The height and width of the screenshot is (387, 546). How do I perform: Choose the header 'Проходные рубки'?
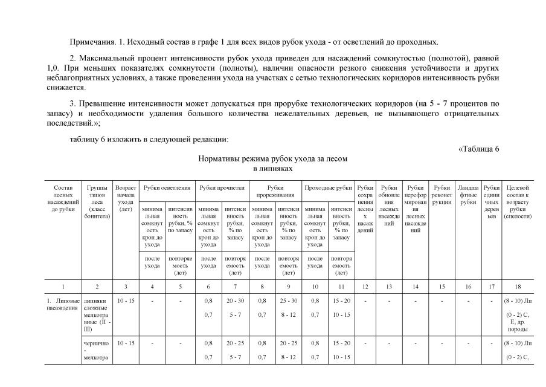[327, 187]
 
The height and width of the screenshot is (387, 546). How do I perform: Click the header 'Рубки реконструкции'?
[442, 191]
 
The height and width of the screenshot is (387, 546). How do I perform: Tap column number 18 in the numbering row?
[518, 285]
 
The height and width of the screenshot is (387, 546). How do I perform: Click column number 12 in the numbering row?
[365, 285]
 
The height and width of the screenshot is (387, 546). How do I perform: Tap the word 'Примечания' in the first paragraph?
[90, 42]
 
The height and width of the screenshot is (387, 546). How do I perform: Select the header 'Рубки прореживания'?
[275, 191]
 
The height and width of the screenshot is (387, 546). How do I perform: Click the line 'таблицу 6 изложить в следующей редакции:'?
[148, 140]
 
